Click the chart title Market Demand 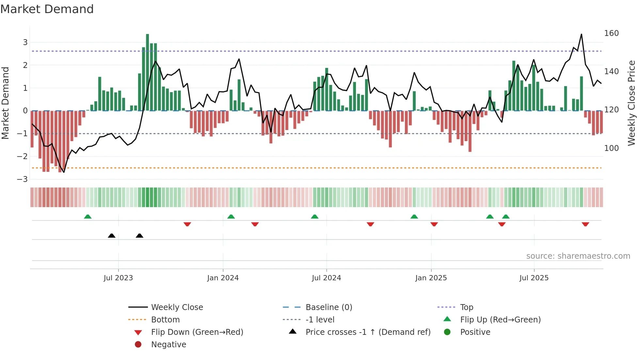click(47, 9)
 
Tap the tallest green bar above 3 click(148, 72)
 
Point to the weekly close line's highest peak click(582, 34)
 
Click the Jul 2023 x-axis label click(118, 278)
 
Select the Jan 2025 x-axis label click(431, 278)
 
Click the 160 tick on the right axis click(611, 33)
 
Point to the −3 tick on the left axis click(22, 179)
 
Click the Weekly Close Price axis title click(632, 103)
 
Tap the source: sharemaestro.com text click(578, 256)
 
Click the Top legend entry click(467, 307)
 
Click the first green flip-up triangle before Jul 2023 click(88, 217)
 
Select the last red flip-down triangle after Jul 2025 click(585, 224)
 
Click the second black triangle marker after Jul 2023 click(139, 236)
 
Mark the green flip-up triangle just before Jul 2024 click(315, 217)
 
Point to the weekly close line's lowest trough click(64, 172)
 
